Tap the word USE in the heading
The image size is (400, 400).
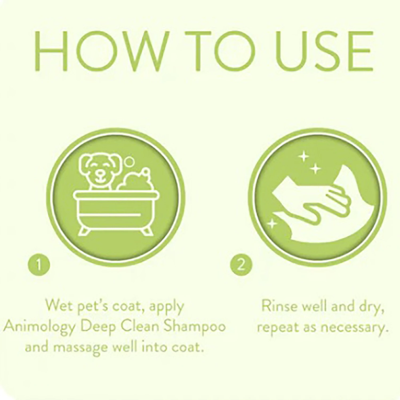(x=323, y=51)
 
